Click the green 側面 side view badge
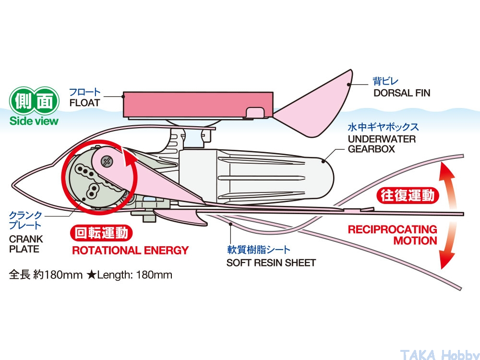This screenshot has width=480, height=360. [35, 100]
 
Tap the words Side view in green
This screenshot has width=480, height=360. [34, 121]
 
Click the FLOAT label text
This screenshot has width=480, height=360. [84, 103]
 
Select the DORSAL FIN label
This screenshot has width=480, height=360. [402, 93]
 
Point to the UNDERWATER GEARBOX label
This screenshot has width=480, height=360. [382, 144]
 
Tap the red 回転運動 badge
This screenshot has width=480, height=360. [101, 233]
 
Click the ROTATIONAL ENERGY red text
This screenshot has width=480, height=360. [130, 250]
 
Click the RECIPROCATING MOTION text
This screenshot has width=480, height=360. [393, 235]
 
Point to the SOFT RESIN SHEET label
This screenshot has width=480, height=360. [271, 263]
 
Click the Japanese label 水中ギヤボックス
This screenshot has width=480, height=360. [383, 127]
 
